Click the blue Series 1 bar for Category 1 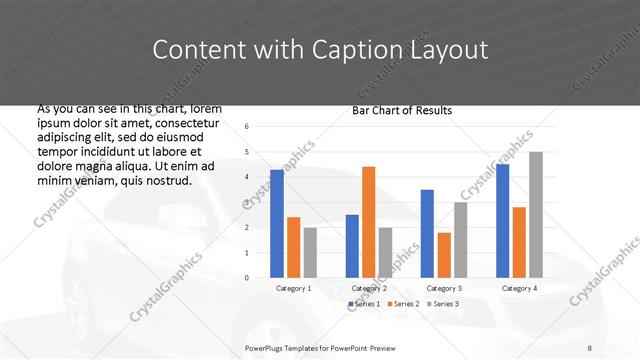pos(277,223)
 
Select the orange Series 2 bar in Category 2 pos(368,221)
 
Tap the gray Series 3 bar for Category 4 pos(536,214)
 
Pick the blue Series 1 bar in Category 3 pos(427,233)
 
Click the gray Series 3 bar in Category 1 pos(310,252)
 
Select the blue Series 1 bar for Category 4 pos(502,220)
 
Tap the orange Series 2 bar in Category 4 pos(519,242)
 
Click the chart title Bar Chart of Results pos(402,110)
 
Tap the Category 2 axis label pos(369,288)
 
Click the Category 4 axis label pos(519,288)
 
